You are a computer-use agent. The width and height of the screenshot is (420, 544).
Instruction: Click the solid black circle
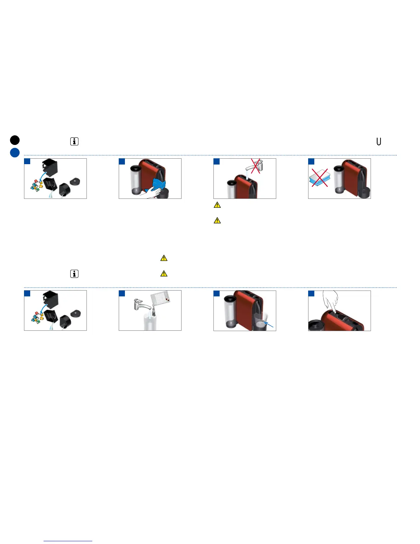(15, 140)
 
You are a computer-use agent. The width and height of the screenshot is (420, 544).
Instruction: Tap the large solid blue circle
(15, 152)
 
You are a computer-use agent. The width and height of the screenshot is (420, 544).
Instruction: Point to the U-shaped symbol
(379, 141)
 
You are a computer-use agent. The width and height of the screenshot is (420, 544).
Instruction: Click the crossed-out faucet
(256, 166)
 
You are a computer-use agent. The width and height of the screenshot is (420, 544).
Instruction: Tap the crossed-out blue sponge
(319, 178)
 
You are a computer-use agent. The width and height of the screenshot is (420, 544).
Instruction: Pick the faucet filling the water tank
(141, 304)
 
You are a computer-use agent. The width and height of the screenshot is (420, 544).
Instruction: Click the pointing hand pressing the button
(330, 302)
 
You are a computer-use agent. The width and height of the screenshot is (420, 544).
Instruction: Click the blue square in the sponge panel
(311, 161)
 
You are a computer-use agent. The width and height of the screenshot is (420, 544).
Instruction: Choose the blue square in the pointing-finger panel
(311, 293)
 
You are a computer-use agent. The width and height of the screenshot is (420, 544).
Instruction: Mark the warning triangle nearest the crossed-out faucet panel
(217, 205)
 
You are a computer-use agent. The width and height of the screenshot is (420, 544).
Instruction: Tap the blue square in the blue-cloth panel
(122, 161)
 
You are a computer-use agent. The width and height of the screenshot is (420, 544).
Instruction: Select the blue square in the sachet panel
(122, 293)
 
